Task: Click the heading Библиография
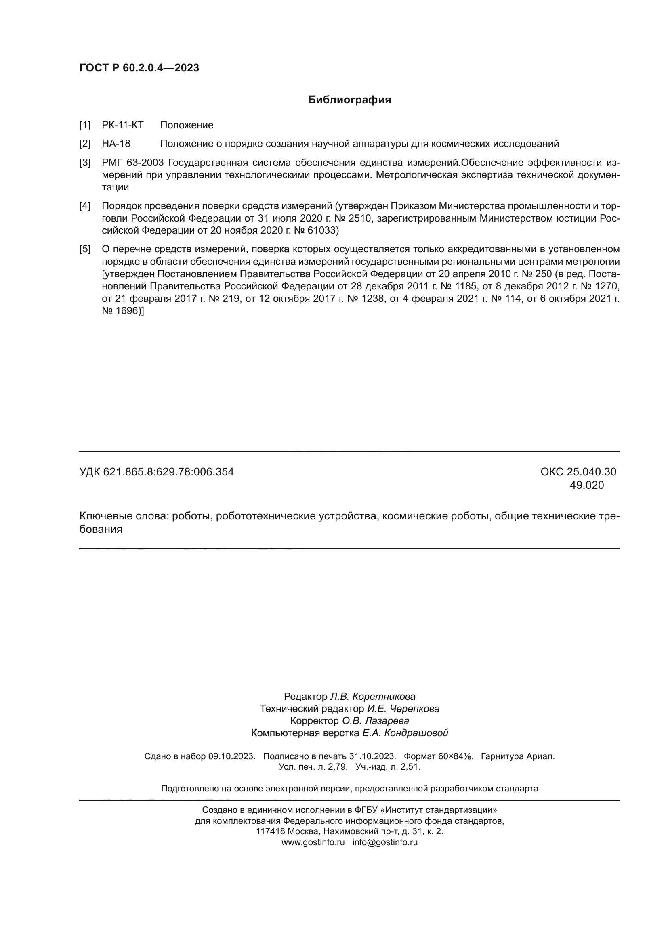point(349,100)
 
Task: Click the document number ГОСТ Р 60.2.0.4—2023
point(139,68)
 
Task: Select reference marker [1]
point(85,125)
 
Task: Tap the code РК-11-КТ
point(123,125)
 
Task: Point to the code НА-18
point(116,144)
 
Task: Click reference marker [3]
point(85,162)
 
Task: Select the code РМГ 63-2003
point(132,162)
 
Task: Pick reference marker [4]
point(85,206)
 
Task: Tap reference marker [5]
point(85,249)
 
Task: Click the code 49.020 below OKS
point(586,485)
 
